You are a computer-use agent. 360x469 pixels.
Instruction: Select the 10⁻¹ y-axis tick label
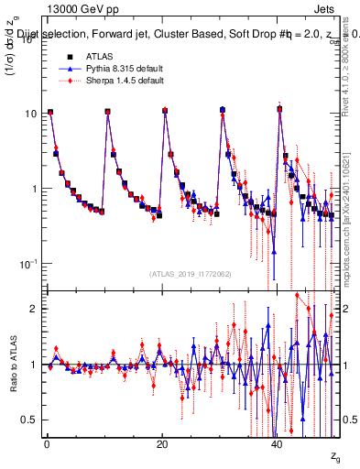pos(29,263)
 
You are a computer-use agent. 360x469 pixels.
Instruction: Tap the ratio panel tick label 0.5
pos(29,420)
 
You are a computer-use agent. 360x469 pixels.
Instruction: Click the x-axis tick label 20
pos(162,442)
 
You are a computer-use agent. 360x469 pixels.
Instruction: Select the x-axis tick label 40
pos(278,442)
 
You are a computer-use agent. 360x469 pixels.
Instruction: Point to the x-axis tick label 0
pos(46,442)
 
